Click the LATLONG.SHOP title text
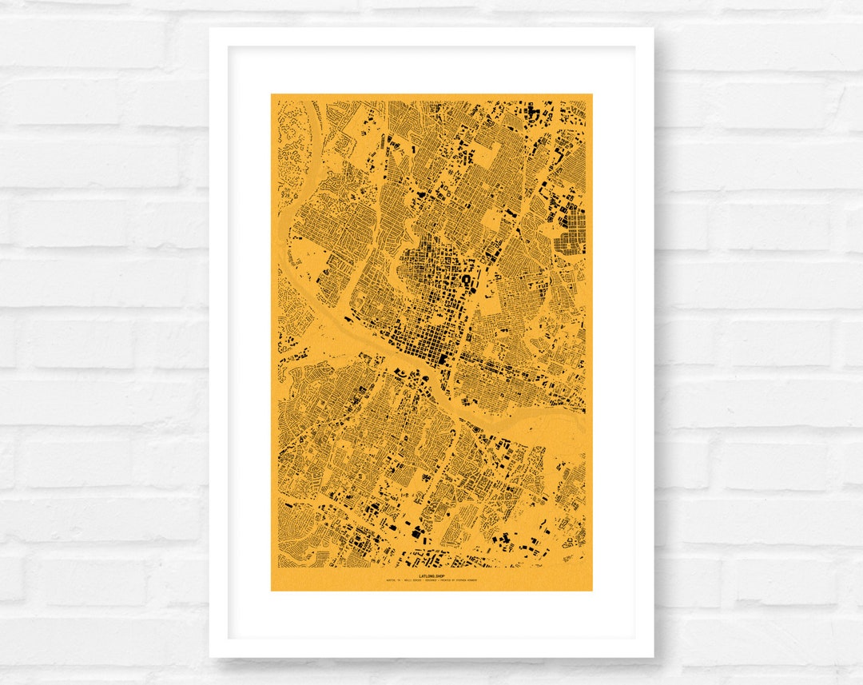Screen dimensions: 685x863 (x=431, y=575)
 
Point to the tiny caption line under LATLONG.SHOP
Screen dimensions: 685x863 (x=431, y=581)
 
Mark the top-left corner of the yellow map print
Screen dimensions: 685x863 (x=272, y=94)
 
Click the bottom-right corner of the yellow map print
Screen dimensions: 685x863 (x=592, y=591)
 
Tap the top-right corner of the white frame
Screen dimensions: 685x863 (x=653, y=29)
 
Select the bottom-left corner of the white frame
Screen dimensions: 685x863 (x=210, y=657)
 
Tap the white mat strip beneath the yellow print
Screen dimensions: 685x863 (x=431, y=615)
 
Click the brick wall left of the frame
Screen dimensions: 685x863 (x=104, y=344)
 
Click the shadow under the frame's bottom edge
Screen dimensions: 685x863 (x=431, y=662)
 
